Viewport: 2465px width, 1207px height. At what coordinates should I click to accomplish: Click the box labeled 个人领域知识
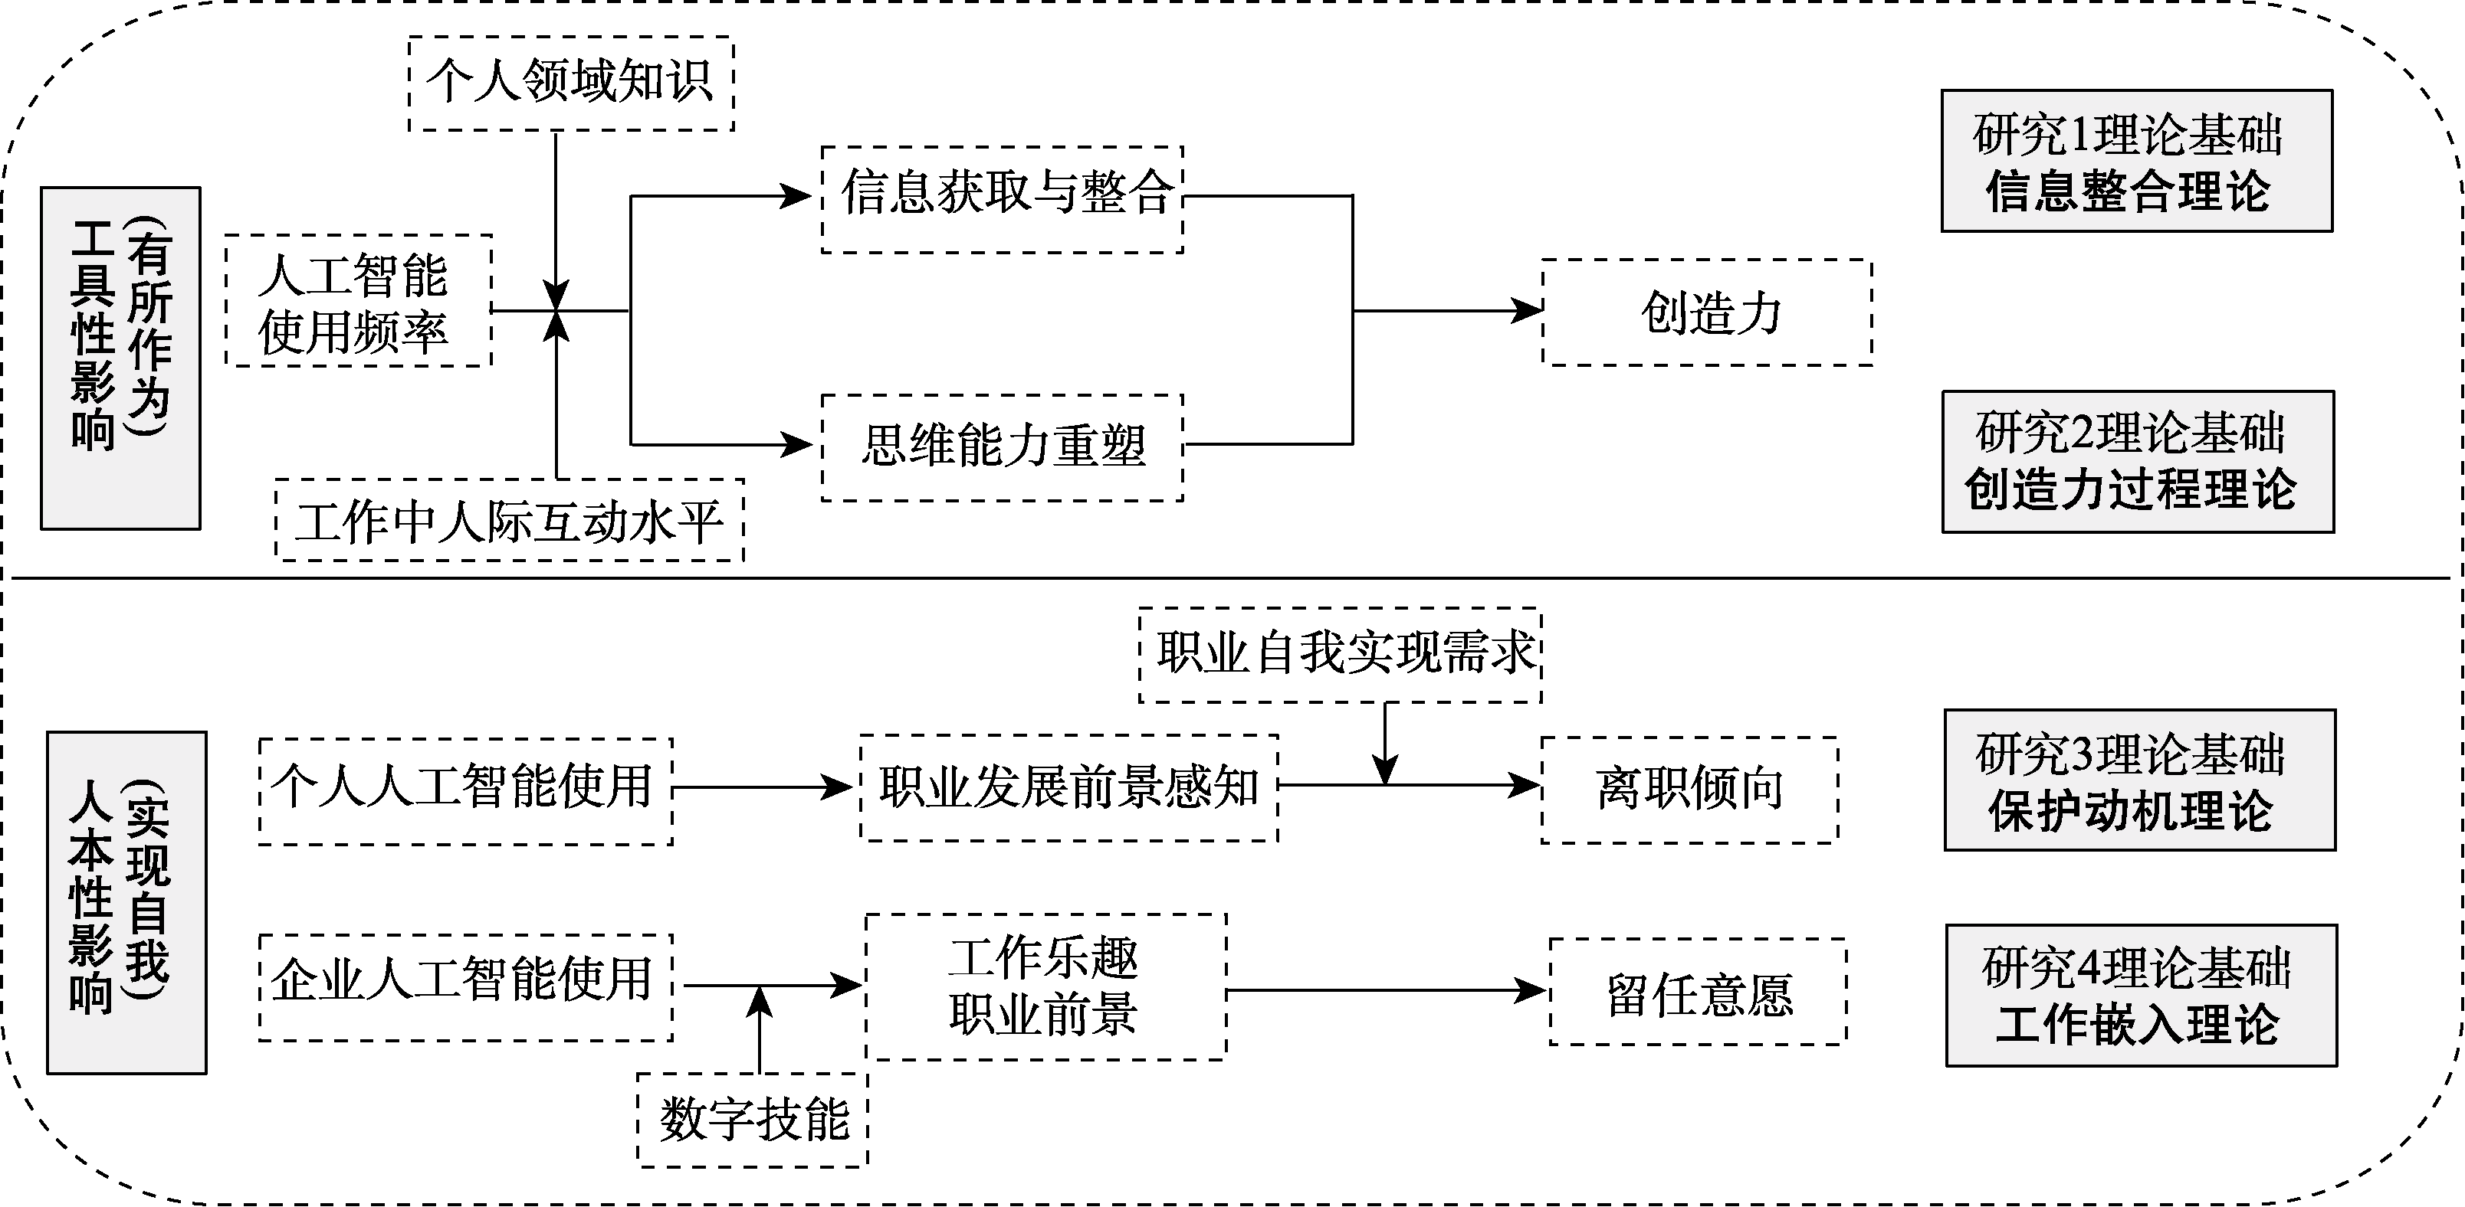coord(570,83)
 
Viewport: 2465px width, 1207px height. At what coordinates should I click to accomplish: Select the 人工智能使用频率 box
coord(359,300)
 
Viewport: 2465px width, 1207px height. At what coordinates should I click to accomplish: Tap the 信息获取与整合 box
coord(1002,199)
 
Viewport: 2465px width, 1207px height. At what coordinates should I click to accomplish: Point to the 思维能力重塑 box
coord(1002,447)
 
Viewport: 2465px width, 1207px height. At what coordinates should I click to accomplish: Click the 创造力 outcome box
coord(1707,312)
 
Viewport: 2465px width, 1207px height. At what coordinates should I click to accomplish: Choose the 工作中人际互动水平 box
coord(509,520)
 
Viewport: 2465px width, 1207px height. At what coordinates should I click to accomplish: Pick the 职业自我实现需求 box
coord(1340,655)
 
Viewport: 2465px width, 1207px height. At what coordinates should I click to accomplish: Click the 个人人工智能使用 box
coord(465,791)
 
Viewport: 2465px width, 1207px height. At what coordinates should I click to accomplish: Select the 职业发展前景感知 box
coord(1069,788)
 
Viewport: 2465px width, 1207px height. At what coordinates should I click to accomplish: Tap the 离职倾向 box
coord(1689,790)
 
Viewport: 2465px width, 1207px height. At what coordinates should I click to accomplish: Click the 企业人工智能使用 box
coord(465,987)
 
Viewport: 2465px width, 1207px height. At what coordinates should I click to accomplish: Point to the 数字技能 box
coord(752,1119)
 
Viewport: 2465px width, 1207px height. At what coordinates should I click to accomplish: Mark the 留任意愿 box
coord(1698,991)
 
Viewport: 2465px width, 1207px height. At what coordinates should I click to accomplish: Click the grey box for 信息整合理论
coord(2136,161)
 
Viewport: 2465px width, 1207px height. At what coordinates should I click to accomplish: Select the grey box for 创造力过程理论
coord(2138,462)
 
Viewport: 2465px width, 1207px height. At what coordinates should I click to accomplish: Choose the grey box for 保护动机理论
coord(2140,780)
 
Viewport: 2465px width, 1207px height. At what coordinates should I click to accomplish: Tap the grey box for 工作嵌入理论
coord(2142,996)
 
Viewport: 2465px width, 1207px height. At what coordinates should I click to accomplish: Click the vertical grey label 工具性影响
coord(120,358)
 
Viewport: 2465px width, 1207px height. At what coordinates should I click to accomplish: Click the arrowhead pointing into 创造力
coord(1528,311)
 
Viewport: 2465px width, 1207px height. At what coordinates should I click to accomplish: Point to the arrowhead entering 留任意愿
coord(1534,991)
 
